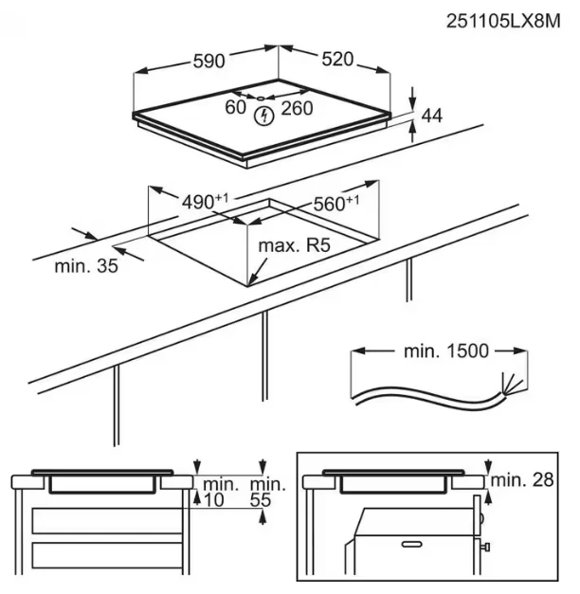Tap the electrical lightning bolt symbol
[x=265, y=116]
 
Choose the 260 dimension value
[x=298, y=108]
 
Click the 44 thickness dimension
[x=432, y=116]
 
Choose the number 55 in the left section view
[x=258, y=499]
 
